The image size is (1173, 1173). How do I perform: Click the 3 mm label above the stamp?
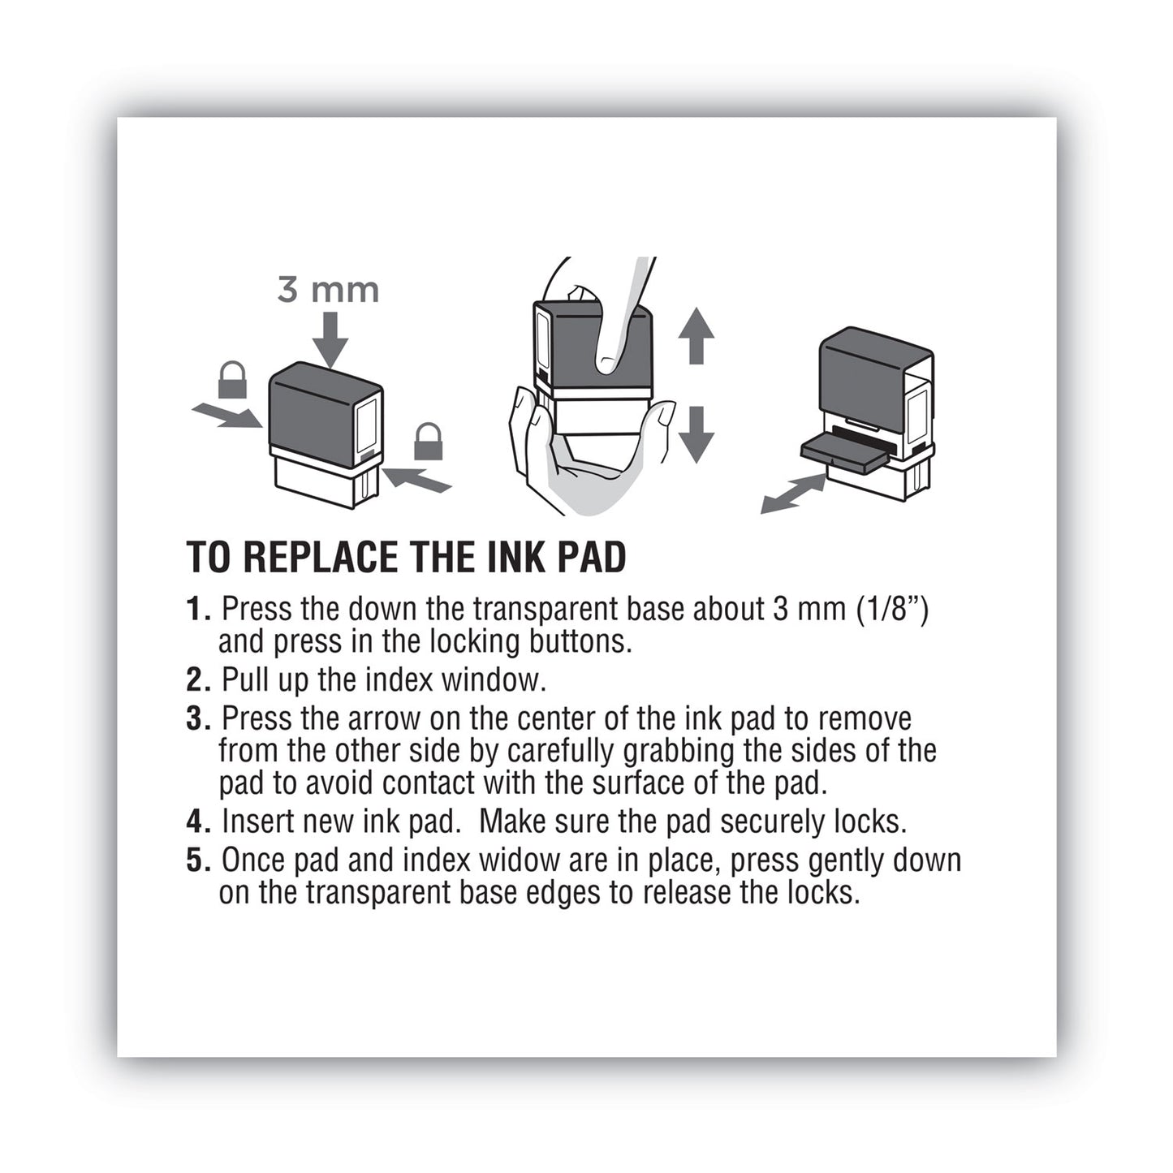coord(328,290)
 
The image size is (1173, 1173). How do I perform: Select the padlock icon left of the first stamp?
coord(232,380)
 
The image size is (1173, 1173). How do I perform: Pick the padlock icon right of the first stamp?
coord(428,442)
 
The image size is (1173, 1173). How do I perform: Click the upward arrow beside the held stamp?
coord(696,335)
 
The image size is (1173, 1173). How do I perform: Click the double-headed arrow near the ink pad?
coord(793,494)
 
